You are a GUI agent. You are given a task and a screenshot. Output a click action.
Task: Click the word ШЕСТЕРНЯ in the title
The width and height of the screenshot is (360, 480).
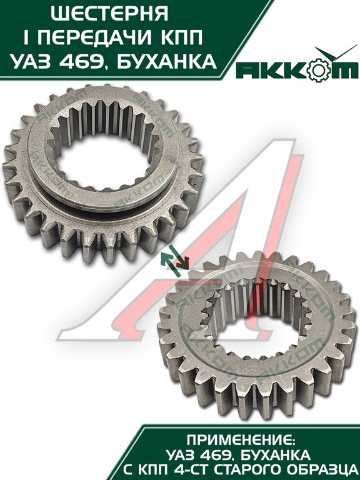tap(109, 14)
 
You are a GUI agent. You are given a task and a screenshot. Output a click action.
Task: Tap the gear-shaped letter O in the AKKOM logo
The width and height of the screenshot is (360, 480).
tap(317, 71)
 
